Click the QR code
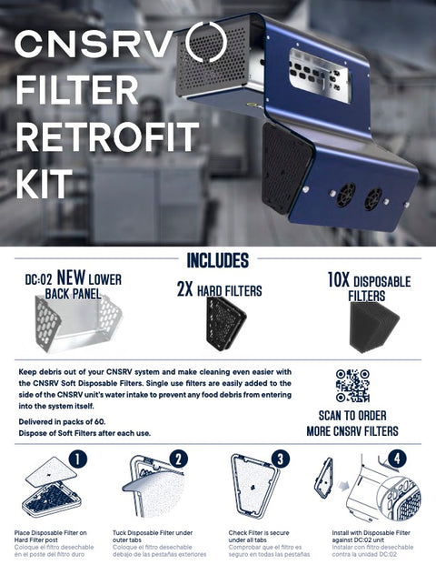click(x=352, y=385)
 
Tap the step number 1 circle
click(x=78, y=459)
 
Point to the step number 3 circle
click(x=282, y=459)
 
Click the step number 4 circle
click(x=397, y=459)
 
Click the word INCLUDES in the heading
click(x=217, y=260)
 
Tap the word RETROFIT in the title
click(x=107, y=137)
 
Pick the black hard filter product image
click(x=223, y=323)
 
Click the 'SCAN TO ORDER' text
click(x=353, y=414)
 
